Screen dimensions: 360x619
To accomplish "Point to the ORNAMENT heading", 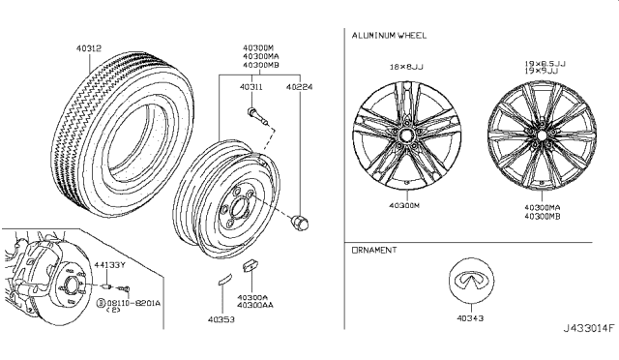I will pos(374,250).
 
